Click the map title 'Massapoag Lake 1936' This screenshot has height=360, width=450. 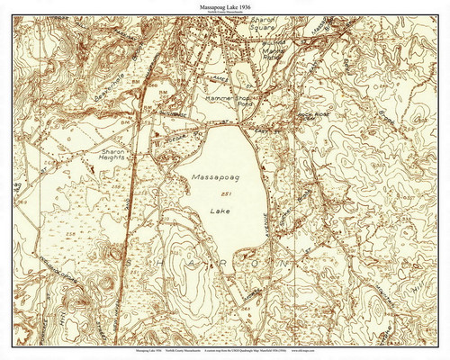point(225,5)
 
